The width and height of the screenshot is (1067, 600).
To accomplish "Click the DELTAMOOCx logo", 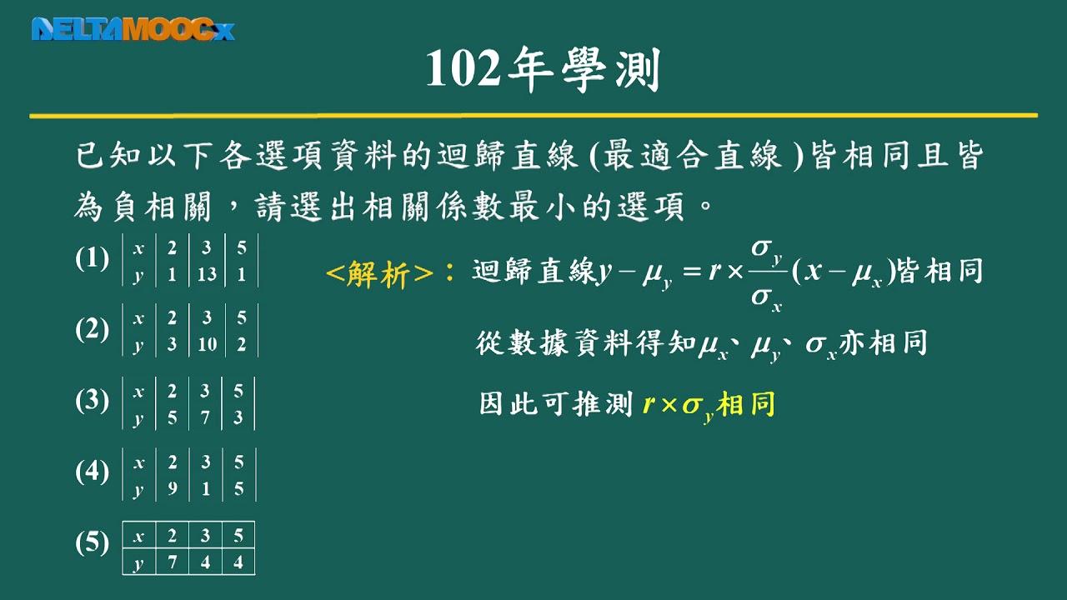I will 133,29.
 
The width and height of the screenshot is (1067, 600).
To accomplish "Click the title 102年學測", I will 543,70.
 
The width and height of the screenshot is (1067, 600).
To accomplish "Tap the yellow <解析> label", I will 379,273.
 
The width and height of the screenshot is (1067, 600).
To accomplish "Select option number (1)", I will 92,259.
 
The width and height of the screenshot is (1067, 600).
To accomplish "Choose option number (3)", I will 92,401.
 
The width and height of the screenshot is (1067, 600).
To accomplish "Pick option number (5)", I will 92,543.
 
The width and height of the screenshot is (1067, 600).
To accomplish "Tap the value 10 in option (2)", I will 207,345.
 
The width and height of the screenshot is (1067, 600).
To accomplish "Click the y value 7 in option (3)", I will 206,417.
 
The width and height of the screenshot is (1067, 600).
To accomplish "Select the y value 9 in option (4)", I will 172,489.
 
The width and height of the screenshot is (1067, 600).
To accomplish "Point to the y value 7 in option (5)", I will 172,562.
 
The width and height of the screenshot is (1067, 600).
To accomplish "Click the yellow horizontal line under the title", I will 533,115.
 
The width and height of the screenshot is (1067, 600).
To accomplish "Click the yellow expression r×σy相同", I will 709,406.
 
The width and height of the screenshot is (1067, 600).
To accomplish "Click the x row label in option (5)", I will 138,535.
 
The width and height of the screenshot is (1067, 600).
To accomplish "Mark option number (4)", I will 92,472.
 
